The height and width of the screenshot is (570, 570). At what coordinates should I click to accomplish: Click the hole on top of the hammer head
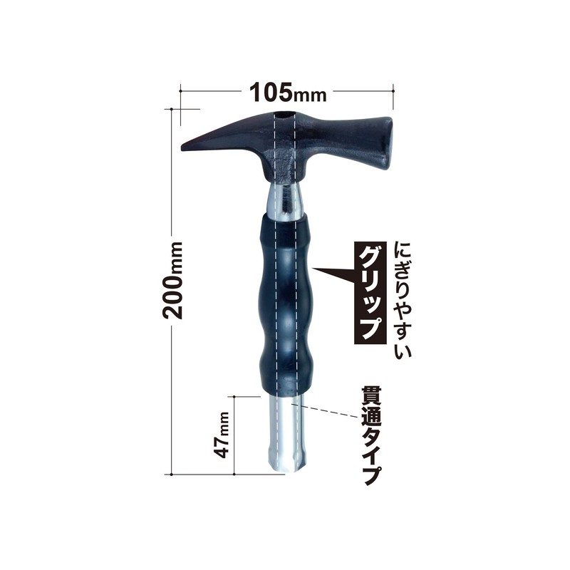pyautogui.click(x=283, y=115)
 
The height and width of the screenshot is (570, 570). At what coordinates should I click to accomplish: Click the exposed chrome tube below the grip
pyautogui.click(x=283, y=427)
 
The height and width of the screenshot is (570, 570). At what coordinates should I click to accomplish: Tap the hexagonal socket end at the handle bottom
pyautogui.click(x=283, y=463)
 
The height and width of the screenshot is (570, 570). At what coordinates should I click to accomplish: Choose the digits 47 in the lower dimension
pyautogui.click(x=223, y=447)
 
